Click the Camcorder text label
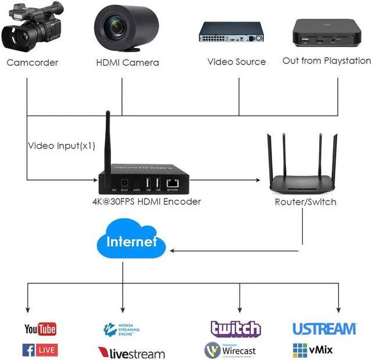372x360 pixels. [33, 63]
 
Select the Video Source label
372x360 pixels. [237, 62]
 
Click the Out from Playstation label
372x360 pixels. [326, 61]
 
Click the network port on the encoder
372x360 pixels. [172, 183]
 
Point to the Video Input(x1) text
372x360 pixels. [62, 146]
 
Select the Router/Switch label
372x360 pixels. [305, 202]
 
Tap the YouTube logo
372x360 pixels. [40, 329]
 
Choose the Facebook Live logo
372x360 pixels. [40, 350]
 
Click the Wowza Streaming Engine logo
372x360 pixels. [121, 329]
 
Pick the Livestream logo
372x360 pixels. [131, 353]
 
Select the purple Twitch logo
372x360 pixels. [235, 329]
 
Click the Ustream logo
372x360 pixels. [324, 329]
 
